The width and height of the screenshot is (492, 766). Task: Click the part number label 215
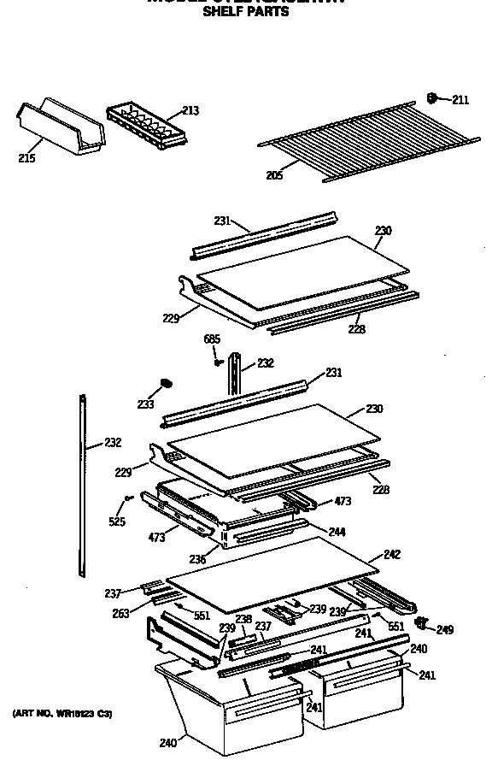26,158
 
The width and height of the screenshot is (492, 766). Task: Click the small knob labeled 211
434,98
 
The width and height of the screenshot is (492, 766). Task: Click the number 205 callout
273,175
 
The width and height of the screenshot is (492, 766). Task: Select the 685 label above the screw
212,339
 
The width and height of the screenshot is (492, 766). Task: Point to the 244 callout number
337,532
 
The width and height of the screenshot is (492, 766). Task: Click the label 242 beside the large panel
391,555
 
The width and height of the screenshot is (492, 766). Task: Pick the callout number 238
243,619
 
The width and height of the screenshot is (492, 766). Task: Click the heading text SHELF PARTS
246,11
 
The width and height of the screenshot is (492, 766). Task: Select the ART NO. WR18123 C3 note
61,712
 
